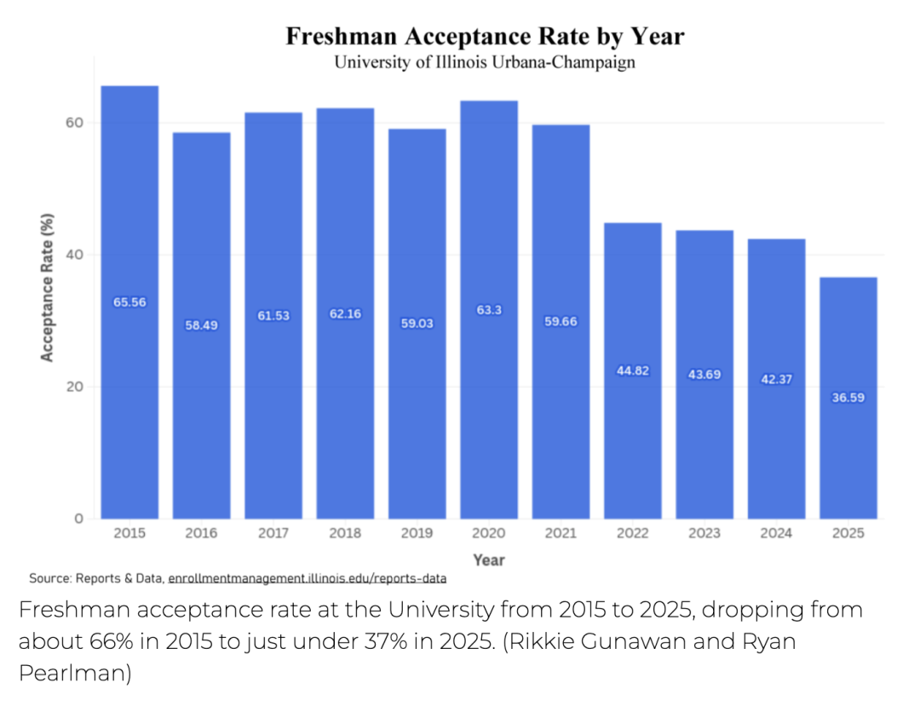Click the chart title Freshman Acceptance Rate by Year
point(485,37)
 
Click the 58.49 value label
point(201,325)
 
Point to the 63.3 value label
point(489,311)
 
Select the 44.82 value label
point(632,370)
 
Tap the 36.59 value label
point(848,397)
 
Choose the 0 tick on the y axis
point(78,519)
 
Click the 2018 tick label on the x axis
point(345,533)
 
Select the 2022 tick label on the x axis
point(632,533)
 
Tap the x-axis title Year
point(489,560)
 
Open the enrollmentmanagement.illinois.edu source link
point(307,578)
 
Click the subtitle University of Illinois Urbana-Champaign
point(485,63)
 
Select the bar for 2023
point(704,375)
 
